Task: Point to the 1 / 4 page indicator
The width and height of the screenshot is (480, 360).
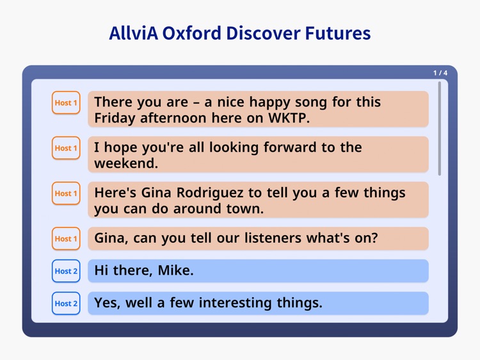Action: point(440,73)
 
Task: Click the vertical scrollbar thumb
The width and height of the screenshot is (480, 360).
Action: point(439,128)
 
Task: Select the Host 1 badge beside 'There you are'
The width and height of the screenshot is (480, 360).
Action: point(66,102)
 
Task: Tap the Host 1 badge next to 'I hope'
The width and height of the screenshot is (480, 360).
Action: point(66,148)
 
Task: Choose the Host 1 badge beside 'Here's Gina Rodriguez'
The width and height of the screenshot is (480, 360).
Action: point(66,193)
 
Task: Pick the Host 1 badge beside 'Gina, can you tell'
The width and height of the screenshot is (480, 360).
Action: point(66,239)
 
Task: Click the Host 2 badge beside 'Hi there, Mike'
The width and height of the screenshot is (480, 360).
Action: point(66,271)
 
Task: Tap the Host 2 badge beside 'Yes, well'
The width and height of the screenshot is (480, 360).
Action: point(66,304)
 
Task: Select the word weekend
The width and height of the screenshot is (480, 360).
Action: point(125,164)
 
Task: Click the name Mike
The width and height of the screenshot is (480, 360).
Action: point(174,271)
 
